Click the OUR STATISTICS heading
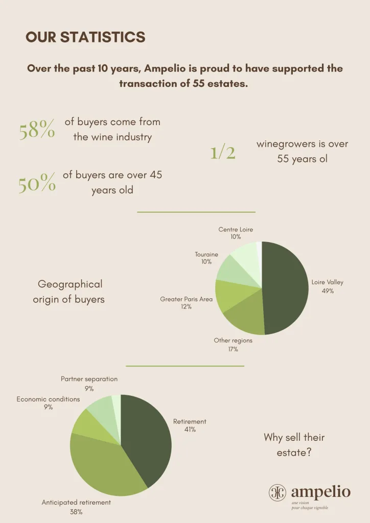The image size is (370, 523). coord(85,37)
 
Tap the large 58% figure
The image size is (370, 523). coord(37,131)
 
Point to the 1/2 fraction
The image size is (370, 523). coord(223,153)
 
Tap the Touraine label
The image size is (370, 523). coord(206,254)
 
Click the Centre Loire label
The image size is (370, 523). coord(236,230)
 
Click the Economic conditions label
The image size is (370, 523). coord(48,399)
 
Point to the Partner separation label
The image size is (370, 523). coord(89,379)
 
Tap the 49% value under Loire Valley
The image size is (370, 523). coord(328,291)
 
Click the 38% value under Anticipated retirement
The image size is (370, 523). coord(76,512)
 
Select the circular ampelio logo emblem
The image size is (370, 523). coord(277,492)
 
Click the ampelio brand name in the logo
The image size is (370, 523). coord(320,492)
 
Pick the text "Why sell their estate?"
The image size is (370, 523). coord(294,444)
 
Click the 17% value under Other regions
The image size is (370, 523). coord(233,349)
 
